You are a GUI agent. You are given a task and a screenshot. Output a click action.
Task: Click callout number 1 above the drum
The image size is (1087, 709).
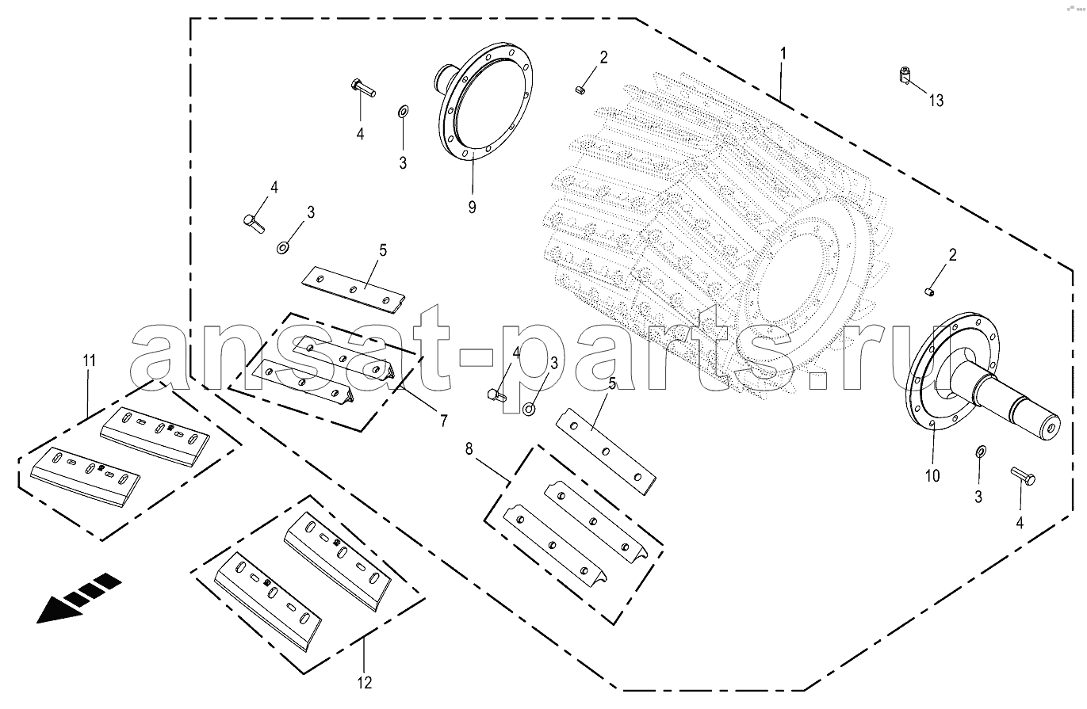[x=783, y=54]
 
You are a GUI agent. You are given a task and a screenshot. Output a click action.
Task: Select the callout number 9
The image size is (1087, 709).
[x=473, y=207]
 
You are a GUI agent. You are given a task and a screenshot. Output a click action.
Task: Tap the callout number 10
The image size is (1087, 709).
[x=932, y=476]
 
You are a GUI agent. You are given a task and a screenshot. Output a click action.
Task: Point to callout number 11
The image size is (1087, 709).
[x=90, y=360]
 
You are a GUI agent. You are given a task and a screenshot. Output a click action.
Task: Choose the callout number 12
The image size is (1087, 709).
[x=365, y=683]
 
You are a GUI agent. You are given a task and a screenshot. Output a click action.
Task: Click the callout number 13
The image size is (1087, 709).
[x=936, y=101]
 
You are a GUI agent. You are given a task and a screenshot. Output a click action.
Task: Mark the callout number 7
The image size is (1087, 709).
[x=443, y=421]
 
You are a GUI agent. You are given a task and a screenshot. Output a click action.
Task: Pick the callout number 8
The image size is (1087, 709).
[x=469, y=449]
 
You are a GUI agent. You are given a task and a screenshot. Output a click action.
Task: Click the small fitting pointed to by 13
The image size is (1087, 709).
[x=903, y=75]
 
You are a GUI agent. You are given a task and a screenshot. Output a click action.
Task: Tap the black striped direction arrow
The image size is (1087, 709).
[x=78, y=599]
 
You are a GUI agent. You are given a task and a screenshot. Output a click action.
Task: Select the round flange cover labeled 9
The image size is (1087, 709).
[x=482, y=102]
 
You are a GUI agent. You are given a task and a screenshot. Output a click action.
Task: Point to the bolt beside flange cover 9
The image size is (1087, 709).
[x=362, y=88]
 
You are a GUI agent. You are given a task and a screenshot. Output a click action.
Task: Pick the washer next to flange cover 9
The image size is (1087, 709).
[x=403, y=112]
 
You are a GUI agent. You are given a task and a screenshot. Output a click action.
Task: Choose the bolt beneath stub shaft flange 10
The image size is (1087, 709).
[x=1023, y=476]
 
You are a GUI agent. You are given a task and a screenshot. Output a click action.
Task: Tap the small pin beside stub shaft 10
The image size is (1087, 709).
[x=928, y=292]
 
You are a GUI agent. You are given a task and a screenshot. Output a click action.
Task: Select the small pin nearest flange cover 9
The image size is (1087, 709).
[x=580, y=90]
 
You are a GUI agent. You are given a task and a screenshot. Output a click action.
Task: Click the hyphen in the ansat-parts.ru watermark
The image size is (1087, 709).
[x=476, y=358]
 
